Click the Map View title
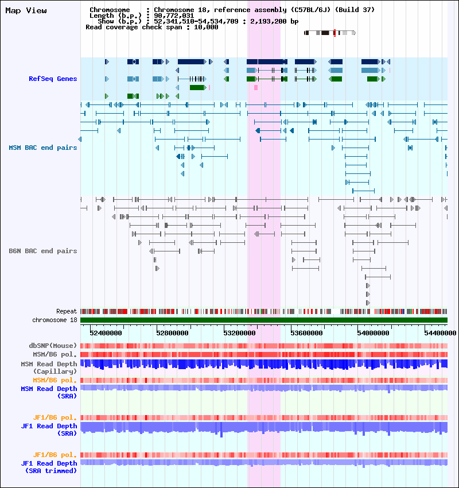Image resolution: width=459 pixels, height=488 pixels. (x=26, y=10)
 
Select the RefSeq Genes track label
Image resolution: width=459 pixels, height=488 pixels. (x=53, y=79)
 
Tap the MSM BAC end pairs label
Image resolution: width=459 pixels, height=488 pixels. (x=43, y=148)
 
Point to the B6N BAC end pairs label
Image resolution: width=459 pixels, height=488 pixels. (x=43, y=251)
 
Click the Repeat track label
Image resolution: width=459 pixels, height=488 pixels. (x=67, y=311)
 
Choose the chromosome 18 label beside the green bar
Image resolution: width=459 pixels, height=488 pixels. (x=55, y=320)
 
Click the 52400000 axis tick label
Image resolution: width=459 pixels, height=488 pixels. (x=106, y=333)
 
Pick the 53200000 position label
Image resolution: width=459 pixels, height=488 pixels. (x=239, y=333)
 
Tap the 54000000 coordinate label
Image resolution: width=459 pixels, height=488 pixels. (x=373, y=333)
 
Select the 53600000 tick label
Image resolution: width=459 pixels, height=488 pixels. (x=306, y=333)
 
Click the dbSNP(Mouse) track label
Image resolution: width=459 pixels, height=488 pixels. (x=53, y=346)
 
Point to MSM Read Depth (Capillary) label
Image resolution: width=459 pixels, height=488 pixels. (x=49, y=367)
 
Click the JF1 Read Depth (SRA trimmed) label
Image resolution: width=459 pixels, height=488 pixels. (x=49, y=467)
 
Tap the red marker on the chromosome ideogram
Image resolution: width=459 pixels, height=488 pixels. (x=334, y=33)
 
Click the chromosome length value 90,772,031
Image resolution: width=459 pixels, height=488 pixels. (x=174, y=16)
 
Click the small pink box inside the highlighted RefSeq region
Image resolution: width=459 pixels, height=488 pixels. (x=256, y=88)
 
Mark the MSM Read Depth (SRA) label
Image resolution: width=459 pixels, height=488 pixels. (x=49, y=392)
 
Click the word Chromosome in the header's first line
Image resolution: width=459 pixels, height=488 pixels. (x=110, y=10)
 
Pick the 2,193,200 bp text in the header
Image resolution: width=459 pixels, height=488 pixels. (x=275, y=21)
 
